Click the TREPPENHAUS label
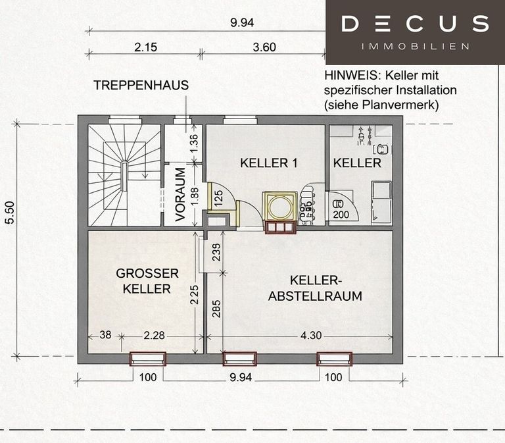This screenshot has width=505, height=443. [141, 86]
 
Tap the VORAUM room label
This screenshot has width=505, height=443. [180, 194]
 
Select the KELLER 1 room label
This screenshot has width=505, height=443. [268, 163]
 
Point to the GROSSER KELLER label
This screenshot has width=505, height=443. [147, 281]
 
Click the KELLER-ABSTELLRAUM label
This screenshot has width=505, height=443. [315, 288]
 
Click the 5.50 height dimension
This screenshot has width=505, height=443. [11, 213]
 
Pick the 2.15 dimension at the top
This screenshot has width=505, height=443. [145, 47]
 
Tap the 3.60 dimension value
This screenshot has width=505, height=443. [264, 47]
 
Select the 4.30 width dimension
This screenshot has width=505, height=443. [311, 336]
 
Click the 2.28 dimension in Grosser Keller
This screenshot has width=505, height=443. [154, 336]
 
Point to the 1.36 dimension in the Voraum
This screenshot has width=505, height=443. [194, 144]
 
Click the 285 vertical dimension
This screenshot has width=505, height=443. [217, 309]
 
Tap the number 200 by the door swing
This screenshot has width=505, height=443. [341, 215]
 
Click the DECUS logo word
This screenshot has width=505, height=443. [415, 24]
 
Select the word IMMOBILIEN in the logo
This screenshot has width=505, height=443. [415, 47]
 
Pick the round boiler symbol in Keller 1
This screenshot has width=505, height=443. [279, 207]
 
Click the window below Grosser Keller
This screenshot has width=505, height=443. [148, 359]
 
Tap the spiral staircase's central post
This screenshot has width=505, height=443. [124, 176]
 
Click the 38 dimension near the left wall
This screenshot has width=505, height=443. [105, 335]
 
